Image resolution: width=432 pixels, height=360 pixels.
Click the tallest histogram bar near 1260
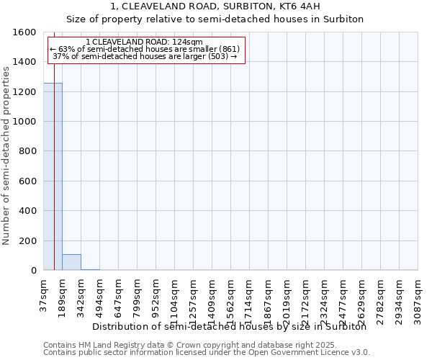[x=53, y=176]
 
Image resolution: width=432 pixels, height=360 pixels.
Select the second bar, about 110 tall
[x=71, y=262]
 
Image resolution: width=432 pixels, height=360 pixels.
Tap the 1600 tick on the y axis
[x=26, y=32]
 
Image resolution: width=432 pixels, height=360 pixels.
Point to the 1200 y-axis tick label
[x=26, y=92]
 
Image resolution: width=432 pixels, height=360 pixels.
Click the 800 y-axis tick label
[x=29, y=151]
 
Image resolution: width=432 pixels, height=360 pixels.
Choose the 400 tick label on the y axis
[x=29, y=211]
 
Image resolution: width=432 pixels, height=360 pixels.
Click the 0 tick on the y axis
[x=34, y=271]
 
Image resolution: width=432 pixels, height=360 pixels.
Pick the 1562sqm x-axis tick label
[x=231, y=294]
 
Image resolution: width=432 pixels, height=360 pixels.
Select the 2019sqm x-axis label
[x=287, y=294]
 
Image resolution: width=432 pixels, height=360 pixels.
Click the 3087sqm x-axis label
[x=418, y=294]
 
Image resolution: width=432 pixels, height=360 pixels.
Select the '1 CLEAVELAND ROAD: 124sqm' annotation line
[x=148, y=42]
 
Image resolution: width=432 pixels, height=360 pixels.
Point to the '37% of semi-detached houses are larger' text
[x=145, y=57]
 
